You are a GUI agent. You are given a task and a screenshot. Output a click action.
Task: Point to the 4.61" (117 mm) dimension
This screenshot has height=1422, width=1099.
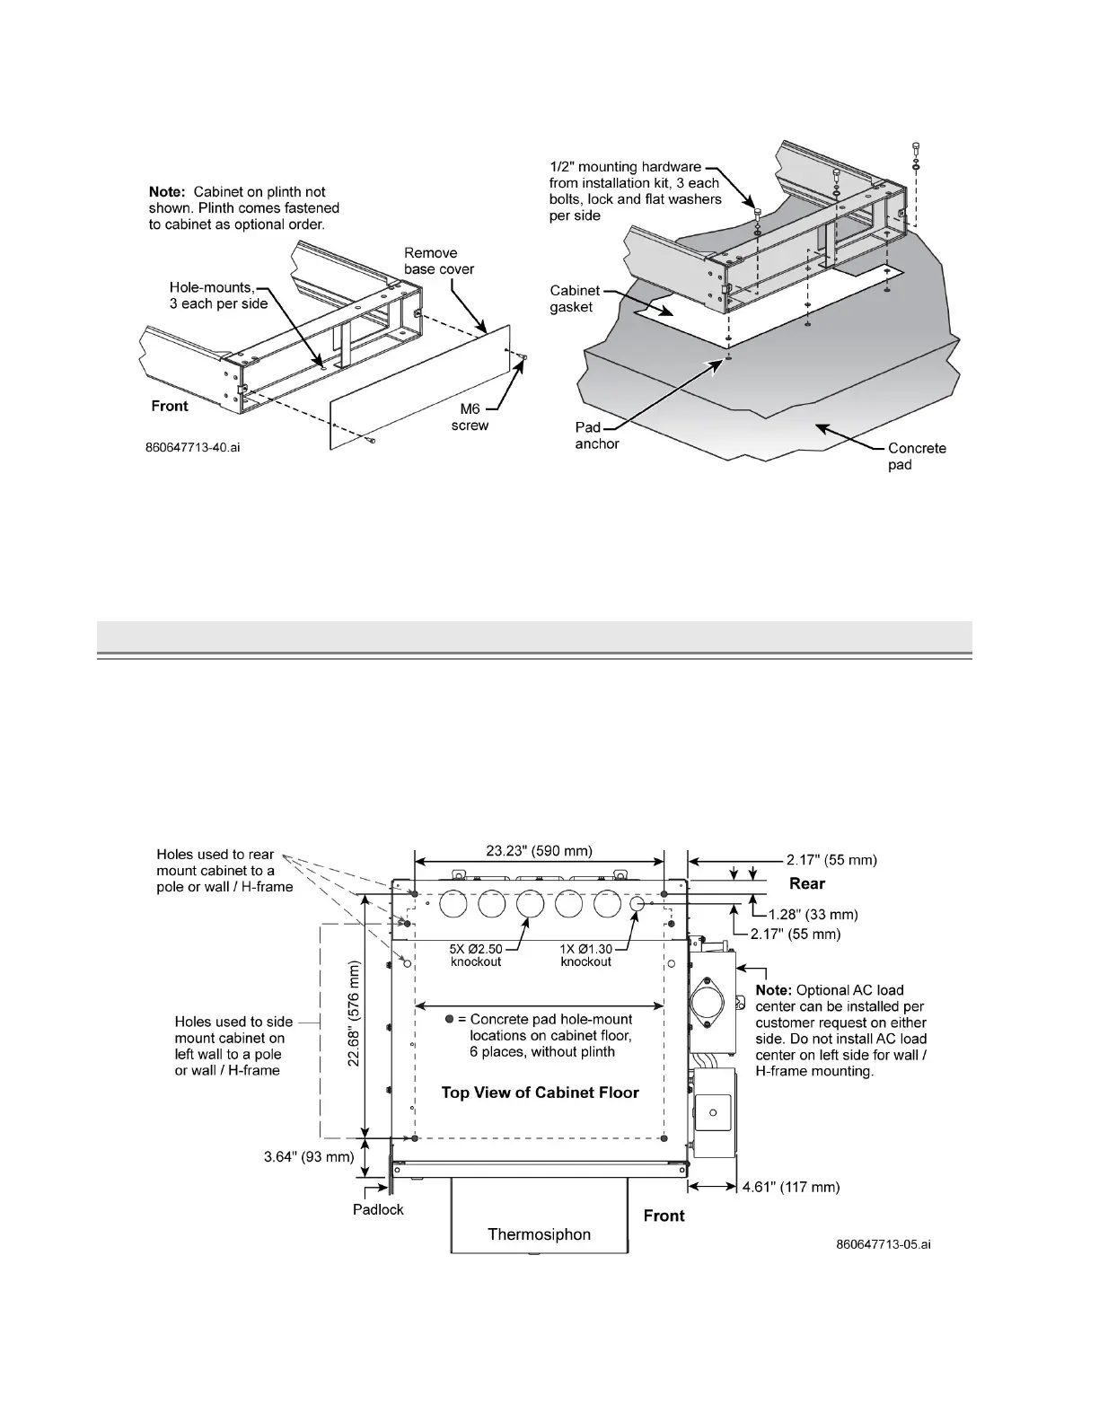click(x=791, y=1187)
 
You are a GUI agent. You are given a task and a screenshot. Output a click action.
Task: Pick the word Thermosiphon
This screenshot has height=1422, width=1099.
click(x=539, y=1234)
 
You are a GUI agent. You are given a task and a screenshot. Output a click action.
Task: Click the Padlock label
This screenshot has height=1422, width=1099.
click(x=378, y=1209)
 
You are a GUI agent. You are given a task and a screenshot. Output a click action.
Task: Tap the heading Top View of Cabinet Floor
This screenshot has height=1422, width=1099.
click(x=540, y=1093)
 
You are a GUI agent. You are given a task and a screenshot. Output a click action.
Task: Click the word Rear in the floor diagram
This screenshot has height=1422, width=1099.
click(x=807, y=883)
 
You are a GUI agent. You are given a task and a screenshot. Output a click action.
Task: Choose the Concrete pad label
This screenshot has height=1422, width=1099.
click(x=917, y=456)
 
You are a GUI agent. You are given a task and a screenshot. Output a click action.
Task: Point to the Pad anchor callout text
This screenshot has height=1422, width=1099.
click(x=597, y=435)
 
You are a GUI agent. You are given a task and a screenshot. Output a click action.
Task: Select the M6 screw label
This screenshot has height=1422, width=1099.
click(x=470, y=417)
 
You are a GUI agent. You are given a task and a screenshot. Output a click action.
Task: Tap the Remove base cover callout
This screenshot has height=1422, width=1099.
click(x=439, y=260)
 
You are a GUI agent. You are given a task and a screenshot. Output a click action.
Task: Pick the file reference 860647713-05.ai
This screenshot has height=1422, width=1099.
click(x=883, y=1244)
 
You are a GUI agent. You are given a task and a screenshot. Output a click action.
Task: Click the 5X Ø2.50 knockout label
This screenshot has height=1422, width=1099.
click(x=476, y=954)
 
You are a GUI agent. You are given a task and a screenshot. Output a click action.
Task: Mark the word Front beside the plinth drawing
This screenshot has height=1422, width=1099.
click(x=170, y=406)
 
